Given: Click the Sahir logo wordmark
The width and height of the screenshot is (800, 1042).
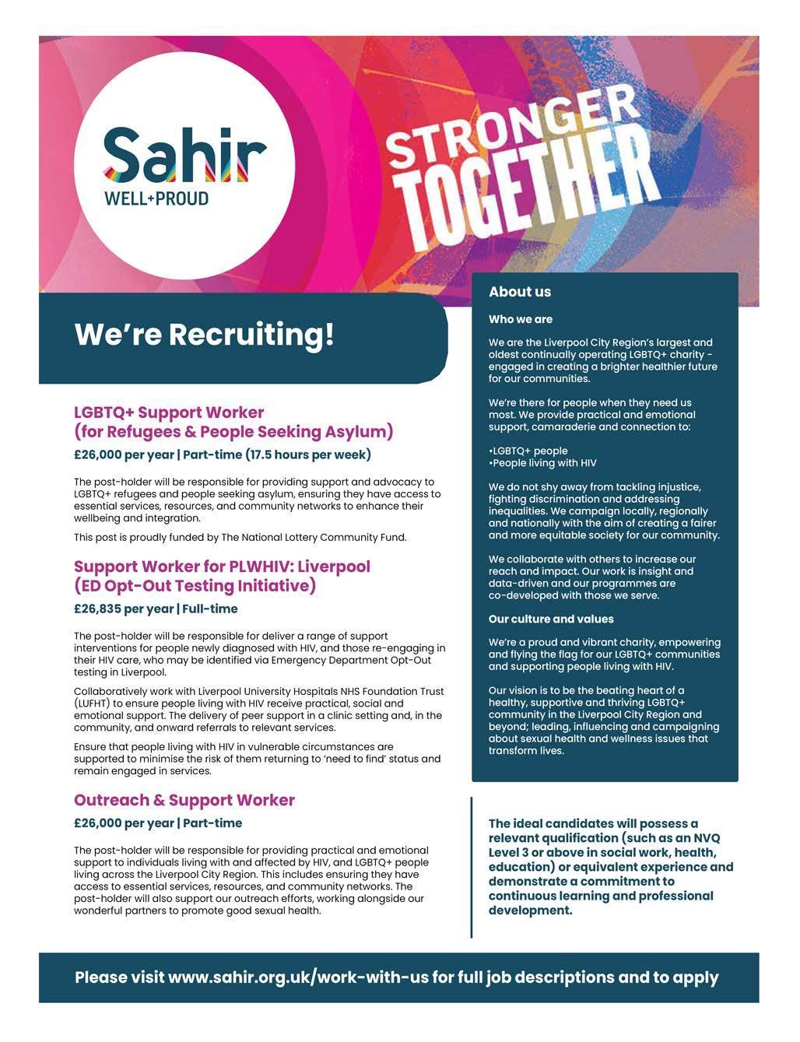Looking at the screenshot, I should pyautogui.click(x=185, y=154).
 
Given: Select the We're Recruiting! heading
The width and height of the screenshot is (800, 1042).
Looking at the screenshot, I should pyautogui.click(x=204, y=335).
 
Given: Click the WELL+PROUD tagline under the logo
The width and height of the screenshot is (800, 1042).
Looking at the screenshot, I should pyautogui.click(x=156, y=198).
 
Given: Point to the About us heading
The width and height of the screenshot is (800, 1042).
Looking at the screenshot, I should pyautogui.click(x=519, y=292).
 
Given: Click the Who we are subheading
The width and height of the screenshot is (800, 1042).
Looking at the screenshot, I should pyautogui.click(x=520, y=319).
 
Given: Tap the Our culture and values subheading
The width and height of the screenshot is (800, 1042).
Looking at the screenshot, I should pyautogui.click(x=551, y=619).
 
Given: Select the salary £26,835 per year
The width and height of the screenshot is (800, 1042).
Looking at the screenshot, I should pyautogui.click(x=123, y=609).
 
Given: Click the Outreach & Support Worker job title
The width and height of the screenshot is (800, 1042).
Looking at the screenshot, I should pyautogui.click(x=184, y=800).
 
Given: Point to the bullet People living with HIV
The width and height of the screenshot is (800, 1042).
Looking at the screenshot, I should pyautogui.click(x=544, y=463).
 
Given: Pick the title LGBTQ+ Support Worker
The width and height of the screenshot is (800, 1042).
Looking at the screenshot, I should pyautogui.click(x=169, y=412).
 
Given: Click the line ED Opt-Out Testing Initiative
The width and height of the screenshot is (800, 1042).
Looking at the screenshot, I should pyautogui.click(x=195, y=585).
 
